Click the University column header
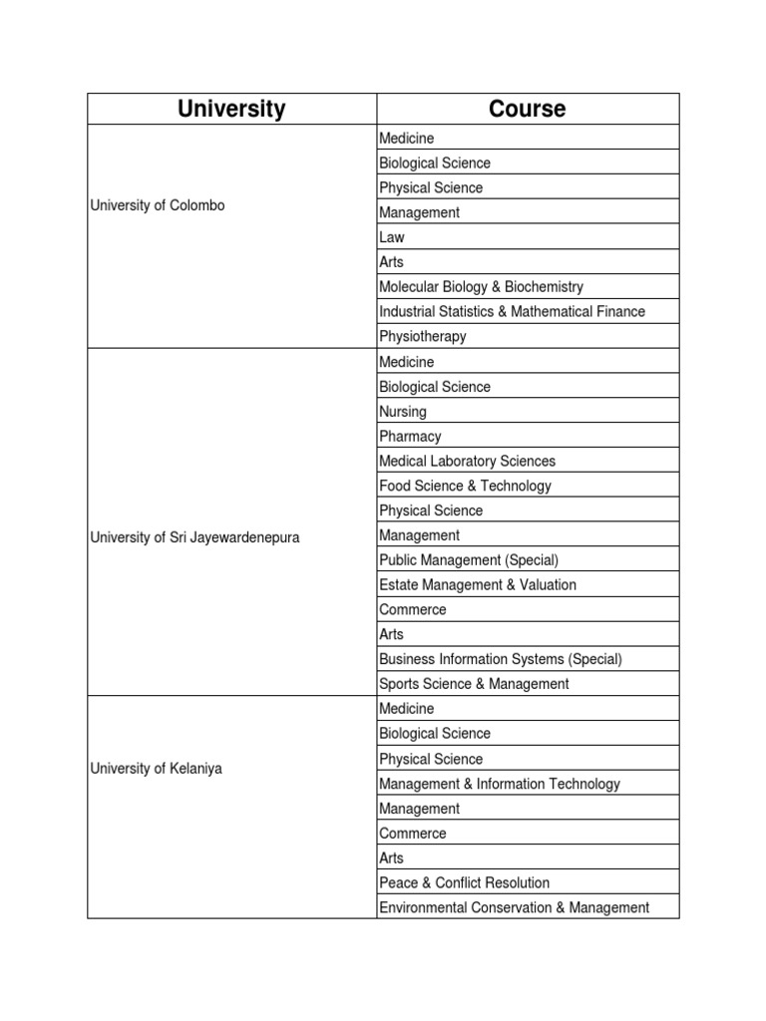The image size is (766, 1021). [231, 109]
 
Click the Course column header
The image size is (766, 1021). [527, 109]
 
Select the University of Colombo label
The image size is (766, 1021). [158, 205]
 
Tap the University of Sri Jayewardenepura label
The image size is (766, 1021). [194, 537]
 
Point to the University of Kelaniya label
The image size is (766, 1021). [157, 769]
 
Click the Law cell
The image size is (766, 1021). [392, 237]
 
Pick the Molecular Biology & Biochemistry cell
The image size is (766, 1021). [481, 287]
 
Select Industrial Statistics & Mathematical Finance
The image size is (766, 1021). [512, 312]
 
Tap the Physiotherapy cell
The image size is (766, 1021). [423, 337]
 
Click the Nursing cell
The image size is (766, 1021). [403, 412]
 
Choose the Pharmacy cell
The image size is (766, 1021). [410, 437]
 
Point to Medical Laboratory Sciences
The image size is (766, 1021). [467, 462]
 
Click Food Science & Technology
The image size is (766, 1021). [465, 487]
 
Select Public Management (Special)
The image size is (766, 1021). [469, 560]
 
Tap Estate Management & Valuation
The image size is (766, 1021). [478, 585]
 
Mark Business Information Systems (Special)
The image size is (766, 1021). [501, 659]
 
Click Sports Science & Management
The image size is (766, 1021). [474, 684]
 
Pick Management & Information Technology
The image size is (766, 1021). [500, 784]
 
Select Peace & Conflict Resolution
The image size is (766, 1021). [464, 882]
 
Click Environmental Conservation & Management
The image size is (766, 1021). [514, 907]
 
